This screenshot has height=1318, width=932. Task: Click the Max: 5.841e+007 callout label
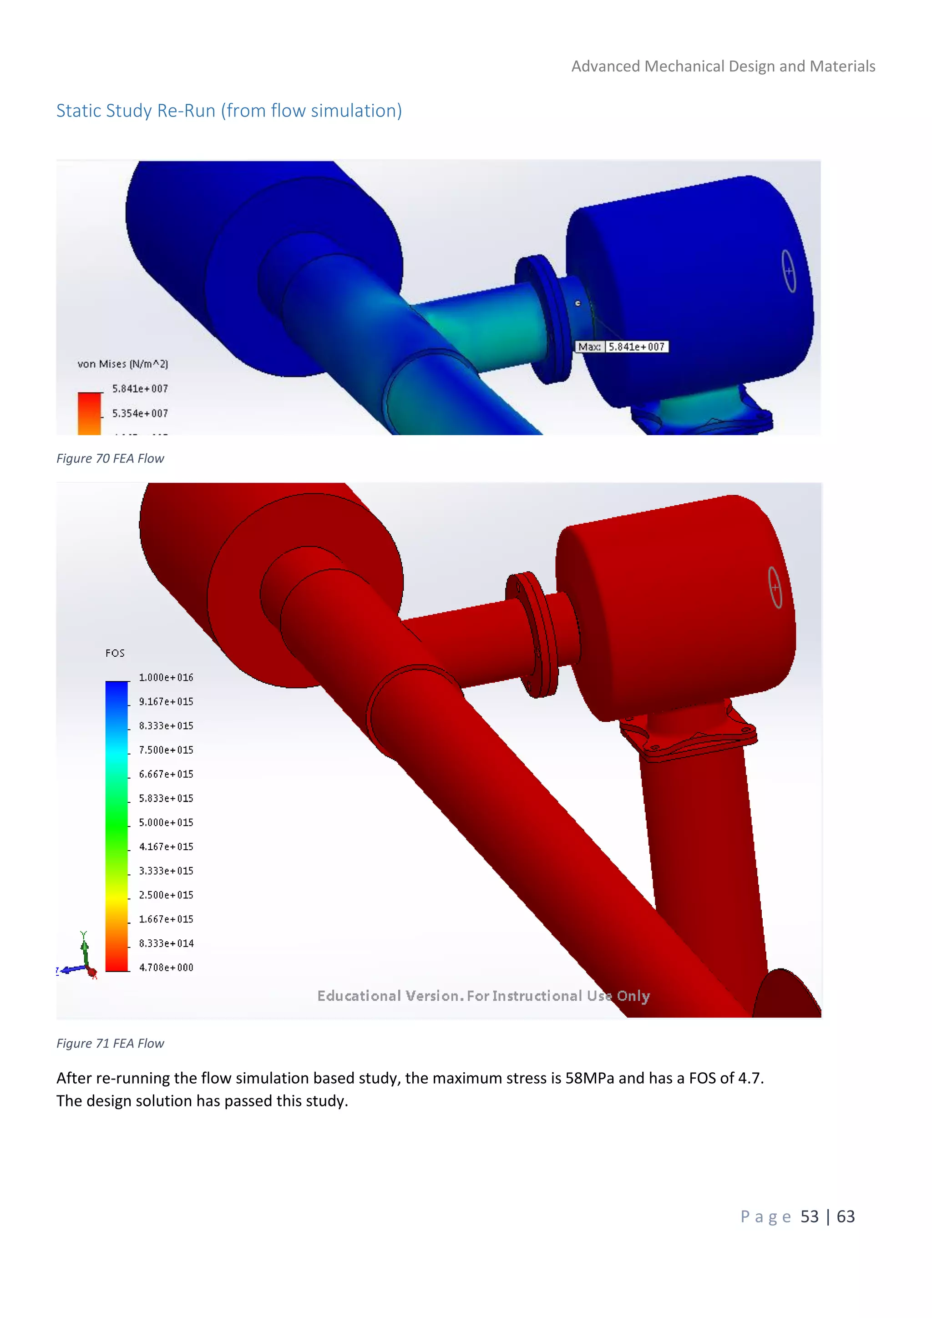tap(622, 347)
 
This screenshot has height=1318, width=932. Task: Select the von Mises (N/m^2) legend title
tap(123, 364)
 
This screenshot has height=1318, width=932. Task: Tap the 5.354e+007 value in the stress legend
tap(140, 413)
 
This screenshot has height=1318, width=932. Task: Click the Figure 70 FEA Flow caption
tap(110, 458)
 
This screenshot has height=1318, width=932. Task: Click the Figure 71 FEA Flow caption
tap(110, 1043)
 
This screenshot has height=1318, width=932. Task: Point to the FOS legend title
tap(115, 653)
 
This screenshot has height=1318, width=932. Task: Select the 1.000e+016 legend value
tap(166, 677)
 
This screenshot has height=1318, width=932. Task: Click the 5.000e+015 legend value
tap(166, 822)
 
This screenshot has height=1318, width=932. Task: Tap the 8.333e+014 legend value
tap(166, 943)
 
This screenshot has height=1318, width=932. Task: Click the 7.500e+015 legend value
tap(166, 750)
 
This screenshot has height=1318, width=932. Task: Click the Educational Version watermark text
tap(483, 996)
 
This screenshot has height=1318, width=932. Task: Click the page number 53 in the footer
tap(809, 1217)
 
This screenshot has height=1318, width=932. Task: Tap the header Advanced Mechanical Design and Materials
tap(723, 66)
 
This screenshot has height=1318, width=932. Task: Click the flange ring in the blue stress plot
tap(542, 319)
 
